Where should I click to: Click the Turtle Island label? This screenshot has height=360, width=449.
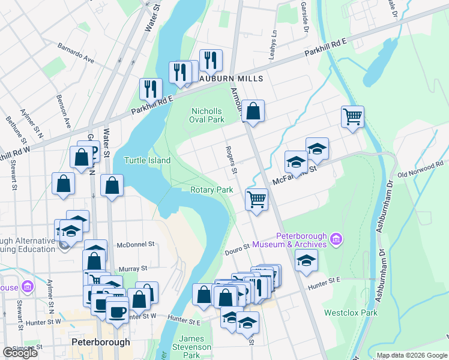tap(147, 160)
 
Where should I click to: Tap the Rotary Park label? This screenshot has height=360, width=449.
tap(211, 190)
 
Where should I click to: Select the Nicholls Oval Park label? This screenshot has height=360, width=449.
tap(208, 115)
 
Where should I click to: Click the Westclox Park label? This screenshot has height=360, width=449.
tap(351, 313)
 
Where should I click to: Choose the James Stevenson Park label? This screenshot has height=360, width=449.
tap(192, 347)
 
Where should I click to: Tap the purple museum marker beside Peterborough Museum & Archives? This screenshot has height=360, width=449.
tap(336, 239)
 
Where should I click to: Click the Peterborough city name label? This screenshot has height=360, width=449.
tap(100, 342)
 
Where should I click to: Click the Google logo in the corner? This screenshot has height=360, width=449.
tap(20, 353)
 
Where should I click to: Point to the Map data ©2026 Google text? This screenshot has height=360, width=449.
tap(411, 355)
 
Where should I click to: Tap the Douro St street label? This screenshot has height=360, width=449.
tap(238, 248)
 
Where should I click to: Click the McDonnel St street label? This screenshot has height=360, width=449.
tap(136, 244)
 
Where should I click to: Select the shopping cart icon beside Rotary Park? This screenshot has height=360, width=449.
tap(256, 199)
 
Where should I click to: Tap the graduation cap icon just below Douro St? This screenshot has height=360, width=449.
tap(306, 261)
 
